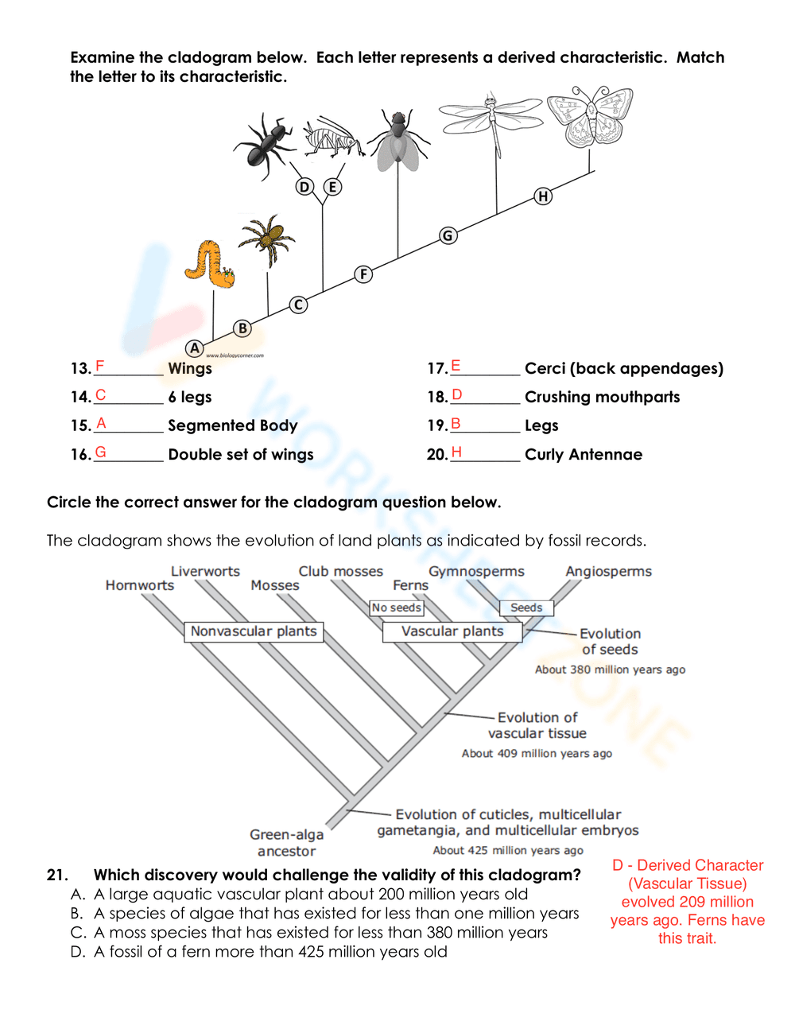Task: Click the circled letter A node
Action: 194,348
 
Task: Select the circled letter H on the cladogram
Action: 543,196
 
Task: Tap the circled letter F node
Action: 363,274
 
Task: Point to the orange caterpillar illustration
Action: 209,265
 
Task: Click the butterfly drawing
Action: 590,116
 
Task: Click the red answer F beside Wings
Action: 100,367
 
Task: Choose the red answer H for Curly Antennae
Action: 456,452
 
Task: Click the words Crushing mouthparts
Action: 602,397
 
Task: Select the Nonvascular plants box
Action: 254,631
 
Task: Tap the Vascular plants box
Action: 452,631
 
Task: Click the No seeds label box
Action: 397,608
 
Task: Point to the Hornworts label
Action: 140,585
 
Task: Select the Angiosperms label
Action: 608,572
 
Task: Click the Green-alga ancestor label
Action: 286,843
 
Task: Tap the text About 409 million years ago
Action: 537,753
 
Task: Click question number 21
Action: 57,875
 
